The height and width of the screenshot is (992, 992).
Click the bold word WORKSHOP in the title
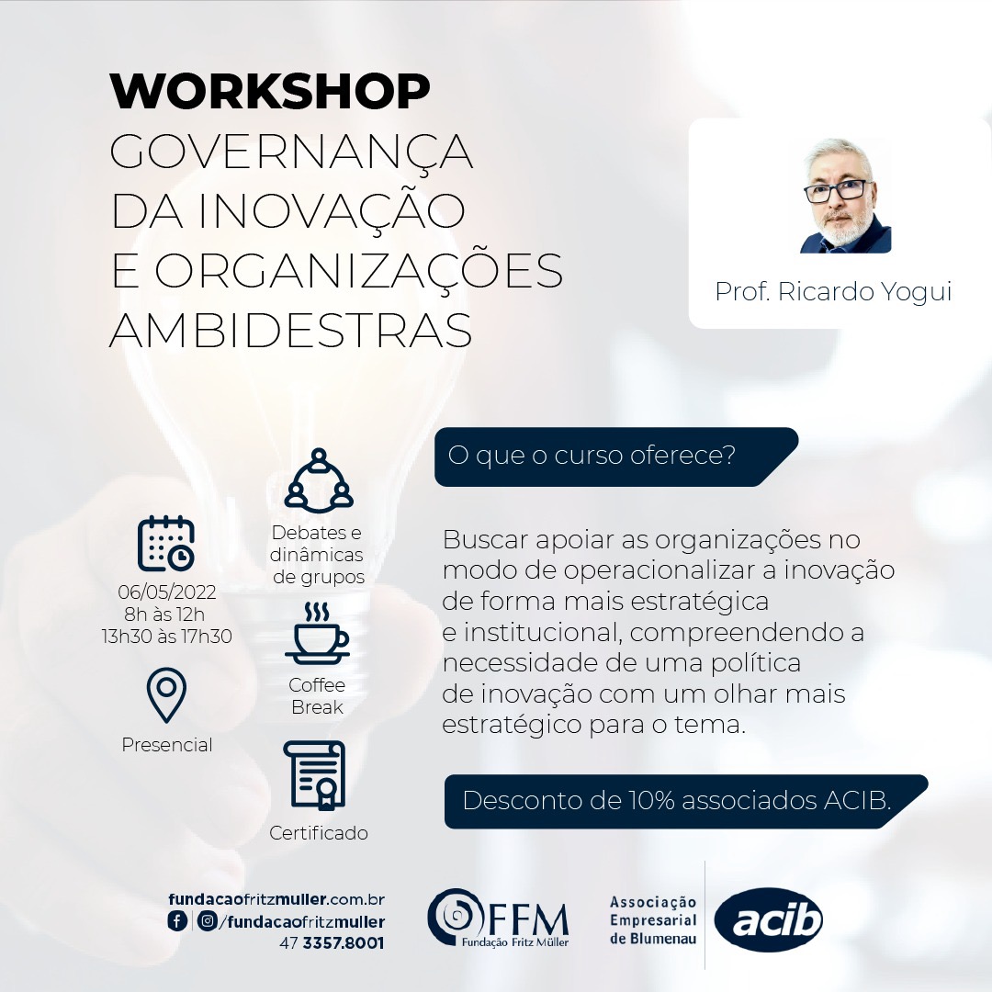pyautogui.click(x=269, y=91)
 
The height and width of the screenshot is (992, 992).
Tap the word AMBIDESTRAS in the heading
pyautogui.click(x=290, y=331)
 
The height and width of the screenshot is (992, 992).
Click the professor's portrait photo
pyautogui.click(x=845, y=196)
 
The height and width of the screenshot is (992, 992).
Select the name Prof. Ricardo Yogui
pyautogui.click(x=833, y=292)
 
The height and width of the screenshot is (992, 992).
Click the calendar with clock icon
pyautogui.click(x=165, y=544)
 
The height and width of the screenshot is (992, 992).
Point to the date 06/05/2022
pyautogui.click(x=167, y=592)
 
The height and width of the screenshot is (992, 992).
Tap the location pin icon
pyautogui.click(x=166, y=694)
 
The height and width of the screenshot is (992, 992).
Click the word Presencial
pyautogui.click(x=167, y=745)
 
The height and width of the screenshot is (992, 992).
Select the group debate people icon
pyautogui.click(x=318, y=480)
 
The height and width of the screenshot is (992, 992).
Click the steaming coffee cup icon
pyautogui.click(x=317, y=633)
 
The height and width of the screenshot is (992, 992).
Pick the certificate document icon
pyautogui.click(x=315, y=775)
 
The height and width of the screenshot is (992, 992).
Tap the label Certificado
pyautogui.click(x=318, y=832)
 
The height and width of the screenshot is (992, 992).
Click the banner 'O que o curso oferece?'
pyautogui.click(x=614, y=457)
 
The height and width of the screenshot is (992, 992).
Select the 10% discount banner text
pyautogui.click(x=677, y=800)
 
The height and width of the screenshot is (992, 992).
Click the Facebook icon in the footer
pyautogui.click(x=177, y=920)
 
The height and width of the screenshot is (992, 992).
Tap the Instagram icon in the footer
pyautogui.click(x=207, y=920)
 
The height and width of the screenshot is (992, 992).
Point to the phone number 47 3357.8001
pyautogui.click(x=332, y=943)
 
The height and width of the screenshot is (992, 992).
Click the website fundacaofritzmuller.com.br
pyautogui.click(x=276, y=899)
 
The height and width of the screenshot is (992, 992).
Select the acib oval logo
pyautogui.click(x=769, y=920)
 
